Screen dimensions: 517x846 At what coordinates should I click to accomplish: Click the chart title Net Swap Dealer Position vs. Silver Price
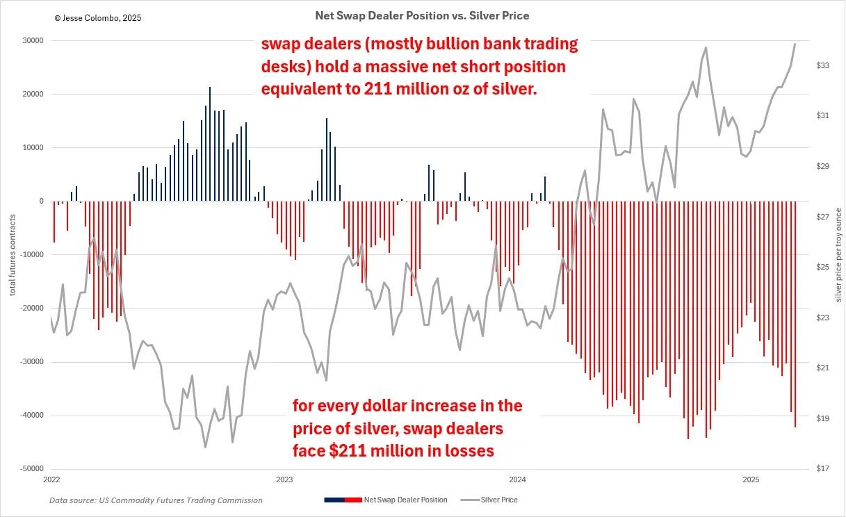422,15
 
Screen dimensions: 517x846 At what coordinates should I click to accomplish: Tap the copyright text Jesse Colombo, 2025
97,18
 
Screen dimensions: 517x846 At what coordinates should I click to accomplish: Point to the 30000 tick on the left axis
33,41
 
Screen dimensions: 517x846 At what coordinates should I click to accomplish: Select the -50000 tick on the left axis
31,469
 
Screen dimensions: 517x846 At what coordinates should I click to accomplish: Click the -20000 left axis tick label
31,309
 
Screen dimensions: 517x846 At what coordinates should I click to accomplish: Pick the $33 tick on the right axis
822,66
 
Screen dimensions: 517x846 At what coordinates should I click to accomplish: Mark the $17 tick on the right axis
822,469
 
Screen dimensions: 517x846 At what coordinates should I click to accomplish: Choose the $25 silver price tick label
822,268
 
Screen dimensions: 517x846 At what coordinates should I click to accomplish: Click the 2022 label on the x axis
51,480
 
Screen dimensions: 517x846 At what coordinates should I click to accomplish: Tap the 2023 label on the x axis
284,480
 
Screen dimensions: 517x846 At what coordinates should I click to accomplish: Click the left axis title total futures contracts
13,255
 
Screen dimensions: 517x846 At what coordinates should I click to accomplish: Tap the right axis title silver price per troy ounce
838,255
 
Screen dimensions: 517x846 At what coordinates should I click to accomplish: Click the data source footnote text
156,500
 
